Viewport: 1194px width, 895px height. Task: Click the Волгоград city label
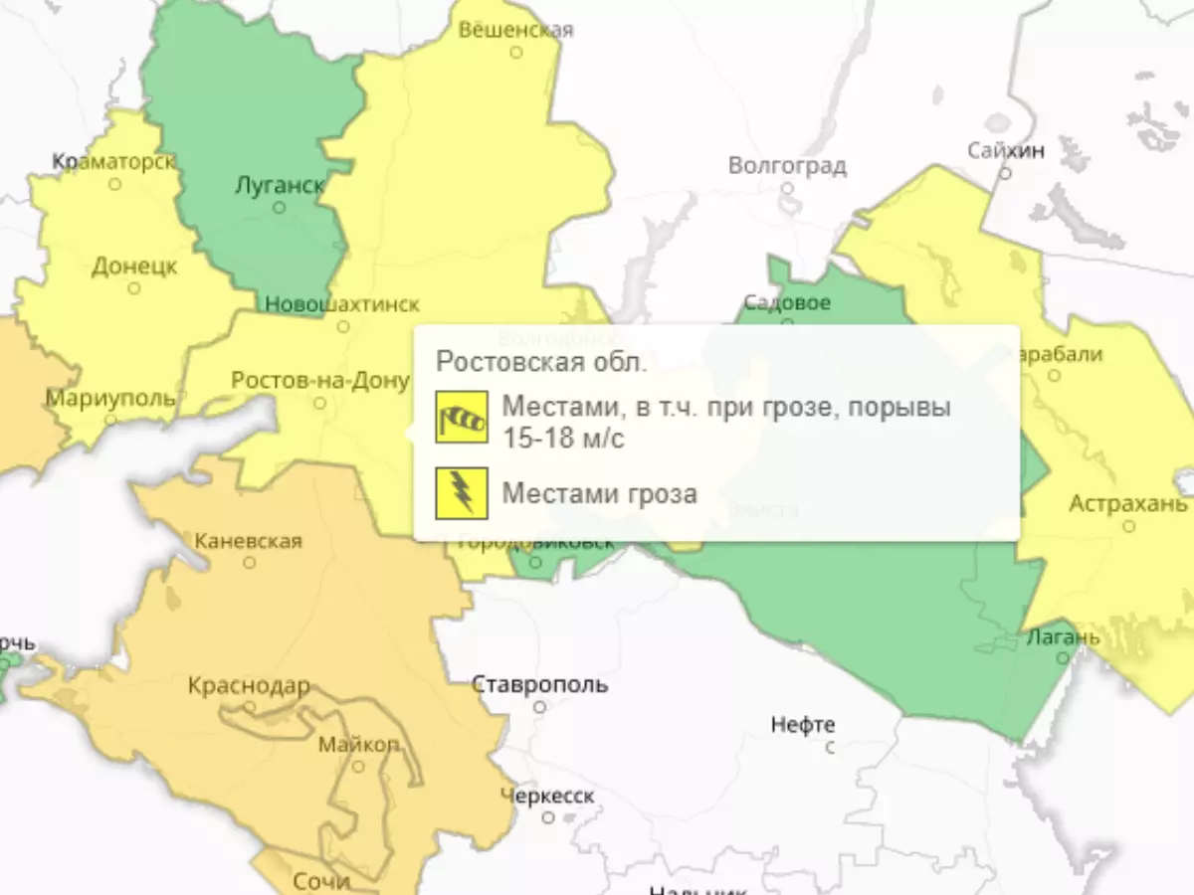point(787,165)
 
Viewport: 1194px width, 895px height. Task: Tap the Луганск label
point(279,185)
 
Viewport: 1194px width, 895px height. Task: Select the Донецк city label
point(134,267)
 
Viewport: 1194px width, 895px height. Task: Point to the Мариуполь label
point(110,399)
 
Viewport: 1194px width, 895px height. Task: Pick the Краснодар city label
point(249,686)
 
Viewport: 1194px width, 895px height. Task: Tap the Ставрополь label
point(539,685)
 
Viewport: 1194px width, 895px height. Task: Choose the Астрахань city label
point(1128,504)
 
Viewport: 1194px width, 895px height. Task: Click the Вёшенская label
point(515,30)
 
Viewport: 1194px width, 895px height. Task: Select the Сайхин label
point(1006,150)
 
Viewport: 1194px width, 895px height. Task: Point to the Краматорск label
point(113,161)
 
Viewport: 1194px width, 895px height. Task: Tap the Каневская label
point(248,541)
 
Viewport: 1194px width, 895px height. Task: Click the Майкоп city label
point(359,745)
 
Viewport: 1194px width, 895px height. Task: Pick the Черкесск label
point(547,796)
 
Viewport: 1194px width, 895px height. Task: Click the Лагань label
point(1063,636)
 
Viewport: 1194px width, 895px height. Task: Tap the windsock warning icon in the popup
point(462,418)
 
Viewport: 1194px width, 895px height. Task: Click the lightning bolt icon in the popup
point(462,493)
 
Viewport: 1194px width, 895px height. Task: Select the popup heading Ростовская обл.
point(541,361)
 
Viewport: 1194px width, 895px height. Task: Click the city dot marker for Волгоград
point(787,187)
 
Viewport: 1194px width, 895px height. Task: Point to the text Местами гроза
point(599,493)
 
